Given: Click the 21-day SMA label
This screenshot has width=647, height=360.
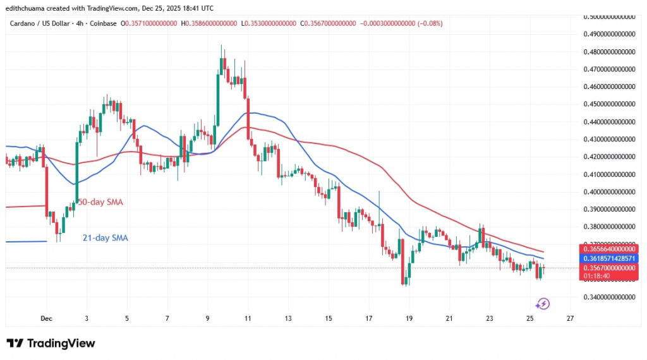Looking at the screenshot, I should pyautogui.click(x=105, y=238).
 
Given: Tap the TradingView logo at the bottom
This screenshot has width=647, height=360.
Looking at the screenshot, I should pyautogui.click(x=51, y=343).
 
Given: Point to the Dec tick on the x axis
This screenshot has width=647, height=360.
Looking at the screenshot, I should pyautogui.click(x=45, y=318).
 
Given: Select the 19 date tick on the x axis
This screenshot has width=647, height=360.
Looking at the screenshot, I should pyautogui.click(x=408, y=318).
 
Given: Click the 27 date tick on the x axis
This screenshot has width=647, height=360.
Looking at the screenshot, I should pyautogui.click(x=570, y=318).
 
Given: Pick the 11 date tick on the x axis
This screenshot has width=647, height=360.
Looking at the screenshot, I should pyautogui.click(x=247, y=318).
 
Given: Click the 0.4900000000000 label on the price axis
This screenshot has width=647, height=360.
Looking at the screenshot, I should pyautogui.click(x=608, y=33).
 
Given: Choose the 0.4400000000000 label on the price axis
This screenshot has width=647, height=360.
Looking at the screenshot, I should pyautogui.click(x=608, y=121).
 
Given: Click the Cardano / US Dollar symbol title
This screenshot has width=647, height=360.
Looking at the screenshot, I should pyautogui.click(x=42, y=23).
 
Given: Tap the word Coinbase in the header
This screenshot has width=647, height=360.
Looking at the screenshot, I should pyautogui.click(x=104, y=23).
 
